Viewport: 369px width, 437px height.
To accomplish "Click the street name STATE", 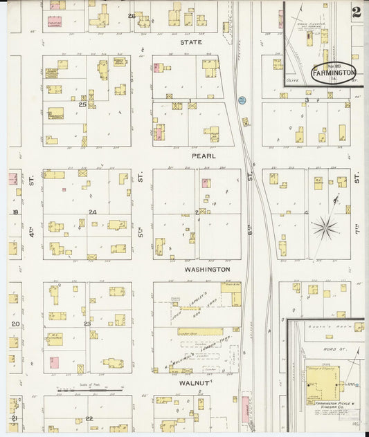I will pos(190,42).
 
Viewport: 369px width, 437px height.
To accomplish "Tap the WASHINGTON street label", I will pos(207,269).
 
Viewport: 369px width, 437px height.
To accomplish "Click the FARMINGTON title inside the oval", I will pos(333,72).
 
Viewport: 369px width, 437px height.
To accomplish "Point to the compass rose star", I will pos(325,227).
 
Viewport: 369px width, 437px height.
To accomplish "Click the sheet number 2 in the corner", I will pos(356,12).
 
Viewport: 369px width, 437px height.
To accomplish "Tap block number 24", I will pos(92,212).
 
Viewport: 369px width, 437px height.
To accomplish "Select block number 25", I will pos(82,104).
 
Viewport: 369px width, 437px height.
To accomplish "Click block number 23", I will pos(87,324).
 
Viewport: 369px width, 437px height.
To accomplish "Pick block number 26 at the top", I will pos(131,15).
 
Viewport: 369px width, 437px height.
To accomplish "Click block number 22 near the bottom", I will pos(89,418).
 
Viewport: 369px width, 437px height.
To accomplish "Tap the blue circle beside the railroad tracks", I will pos(242,100).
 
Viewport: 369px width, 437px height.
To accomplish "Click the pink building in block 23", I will pos(54,361).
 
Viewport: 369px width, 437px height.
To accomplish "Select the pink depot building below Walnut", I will pos(245,409).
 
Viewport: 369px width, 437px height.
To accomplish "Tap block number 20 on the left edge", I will pos(15,324).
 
